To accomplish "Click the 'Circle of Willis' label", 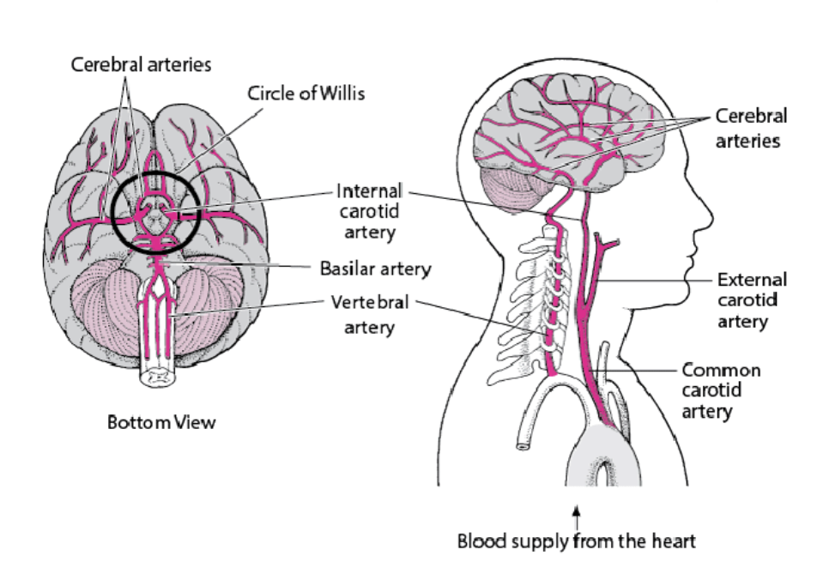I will pyautogui.click(x=306, y=94).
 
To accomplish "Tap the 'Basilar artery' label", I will pyautogui.click(x=375, y=269).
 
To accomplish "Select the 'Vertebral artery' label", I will pyautogui.click(x=370, y=315).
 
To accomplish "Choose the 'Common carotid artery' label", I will pyautogui.click(x=721, y=390).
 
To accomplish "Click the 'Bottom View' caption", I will pyautogui.click(x=161, y=423).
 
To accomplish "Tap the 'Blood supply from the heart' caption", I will pyautogui.click(x=577, y=541).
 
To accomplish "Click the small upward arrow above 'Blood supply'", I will pyautogui.click(x=577, y=517).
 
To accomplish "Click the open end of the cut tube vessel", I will pyautogui.click(x=521, y=444).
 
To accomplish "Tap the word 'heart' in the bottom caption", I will pyautogui.click(x=674, y=541).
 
